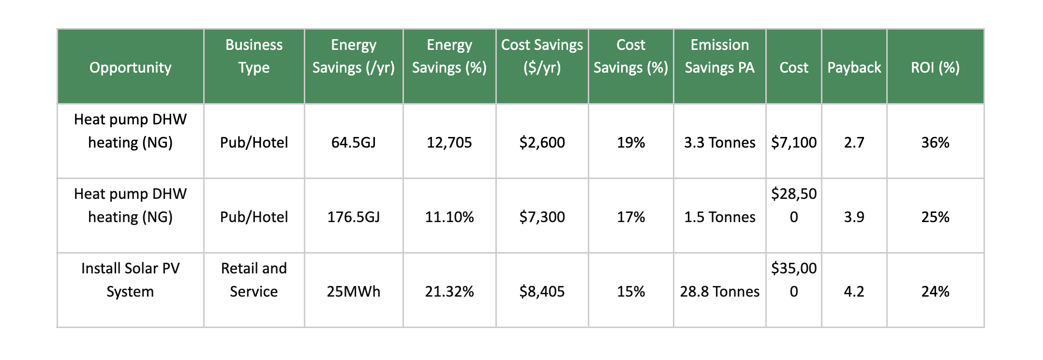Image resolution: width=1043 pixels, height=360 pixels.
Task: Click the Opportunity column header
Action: tap(130, 67)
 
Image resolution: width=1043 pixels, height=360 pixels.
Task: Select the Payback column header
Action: tap(854, 67)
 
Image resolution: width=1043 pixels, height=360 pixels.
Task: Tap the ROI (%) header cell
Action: tap(935, 67)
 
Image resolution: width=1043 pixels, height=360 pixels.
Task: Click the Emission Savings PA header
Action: tap(719, 56)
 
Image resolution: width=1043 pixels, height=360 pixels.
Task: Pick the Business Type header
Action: tap(253, 56)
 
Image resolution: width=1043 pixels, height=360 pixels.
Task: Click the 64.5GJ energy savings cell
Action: tap(353, 142)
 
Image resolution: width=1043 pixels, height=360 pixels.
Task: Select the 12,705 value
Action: tap(449, 142)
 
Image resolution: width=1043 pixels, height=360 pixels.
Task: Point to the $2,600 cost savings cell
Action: tap(542, 142)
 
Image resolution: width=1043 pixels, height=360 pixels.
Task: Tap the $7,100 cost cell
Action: tap(793, 142)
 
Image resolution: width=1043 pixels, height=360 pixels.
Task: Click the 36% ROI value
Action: tap(935, 142)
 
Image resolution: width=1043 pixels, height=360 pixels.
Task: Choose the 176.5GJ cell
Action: tap(353, 217)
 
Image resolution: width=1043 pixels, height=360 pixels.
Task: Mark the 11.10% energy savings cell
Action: tap(449, 217)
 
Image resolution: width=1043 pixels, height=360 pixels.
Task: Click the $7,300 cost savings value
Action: tap(542, 217)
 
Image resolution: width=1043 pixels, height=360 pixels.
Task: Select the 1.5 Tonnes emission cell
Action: tap(719, 217)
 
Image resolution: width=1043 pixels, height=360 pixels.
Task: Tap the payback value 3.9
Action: tap(854, 217)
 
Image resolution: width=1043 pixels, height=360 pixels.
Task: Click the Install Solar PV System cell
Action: tap(130, 280)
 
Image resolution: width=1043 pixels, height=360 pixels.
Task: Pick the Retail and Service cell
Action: tap(253, 280)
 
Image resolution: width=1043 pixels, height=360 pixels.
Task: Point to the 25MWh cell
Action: tap(353, 291)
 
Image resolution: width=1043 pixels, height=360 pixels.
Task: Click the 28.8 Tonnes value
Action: tap(719, 291)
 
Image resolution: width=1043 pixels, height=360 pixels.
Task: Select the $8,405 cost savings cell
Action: tap(542, 291)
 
